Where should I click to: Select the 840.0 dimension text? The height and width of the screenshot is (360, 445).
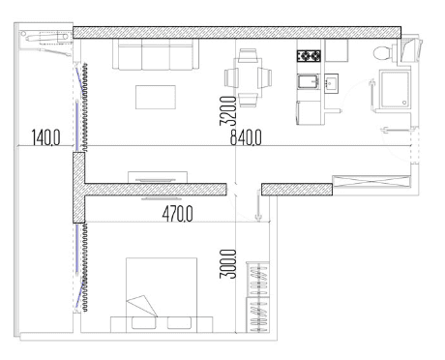point(245,139)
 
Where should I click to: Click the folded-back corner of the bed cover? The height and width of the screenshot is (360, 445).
point(141,305)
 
